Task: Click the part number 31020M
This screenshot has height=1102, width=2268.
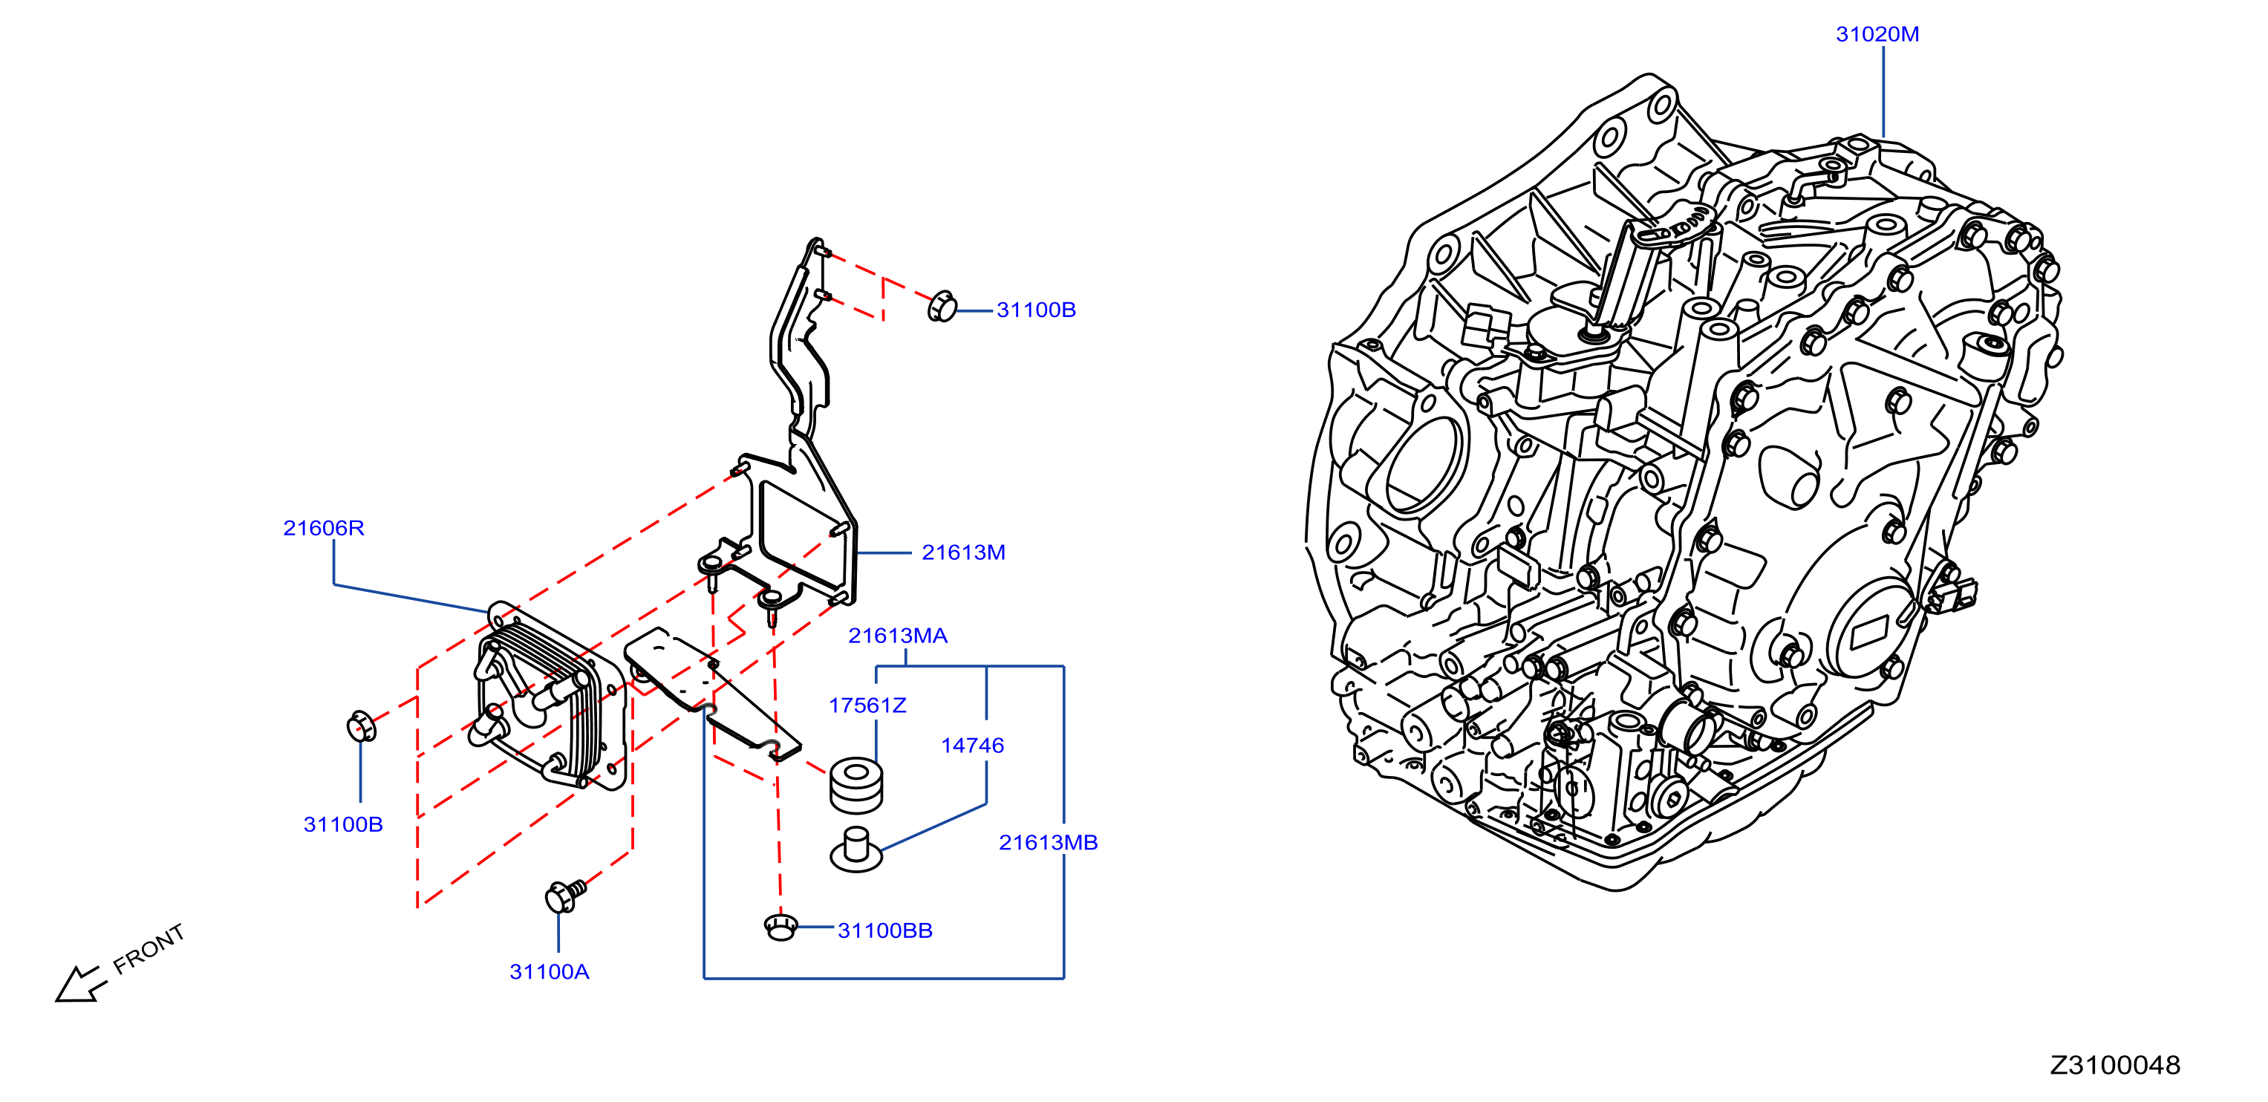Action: pyautogui.click(x=1877, y=34)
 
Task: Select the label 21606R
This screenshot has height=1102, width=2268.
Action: pyautogui.click(x=323, y=528)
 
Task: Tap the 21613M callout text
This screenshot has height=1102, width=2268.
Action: pyautogui.click(x=963, y=552)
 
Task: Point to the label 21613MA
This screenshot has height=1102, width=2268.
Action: pyautogui.click(x=897, y=636)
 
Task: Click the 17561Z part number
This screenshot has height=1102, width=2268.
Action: pyautogui.click(x=867, y=705)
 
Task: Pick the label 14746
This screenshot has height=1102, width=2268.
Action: pyautogui.click(x=972, y=746)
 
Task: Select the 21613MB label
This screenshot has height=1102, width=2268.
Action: pyautogui.click(x=1048, y=842)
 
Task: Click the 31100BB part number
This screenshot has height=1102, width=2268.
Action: pyautogui.click(x=884, y=930)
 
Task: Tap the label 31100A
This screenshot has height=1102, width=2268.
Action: pyautogui.click(x=550, y=972)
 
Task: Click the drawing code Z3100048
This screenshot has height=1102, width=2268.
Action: pyautogui.click(x=2115, y=1065)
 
